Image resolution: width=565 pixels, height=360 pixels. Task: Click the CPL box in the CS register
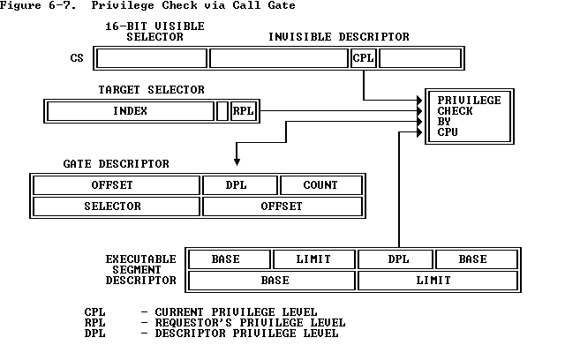point(363,58)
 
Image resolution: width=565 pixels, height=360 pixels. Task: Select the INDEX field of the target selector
point(130,111)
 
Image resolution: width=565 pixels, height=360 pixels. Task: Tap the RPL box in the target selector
point(242,111)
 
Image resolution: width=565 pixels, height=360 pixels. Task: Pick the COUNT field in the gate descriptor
point(320,185)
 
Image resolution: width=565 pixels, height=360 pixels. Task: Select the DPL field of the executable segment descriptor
point(395,259)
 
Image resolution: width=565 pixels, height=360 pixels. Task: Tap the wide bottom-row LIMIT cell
point(433,281)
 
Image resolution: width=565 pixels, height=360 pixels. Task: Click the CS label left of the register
point(77,58)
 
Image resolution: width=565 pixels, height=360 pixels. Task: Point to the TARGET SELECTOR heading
point(151,90)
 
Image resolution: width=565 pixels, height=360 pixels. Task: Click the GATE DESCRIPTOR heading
point(116,164)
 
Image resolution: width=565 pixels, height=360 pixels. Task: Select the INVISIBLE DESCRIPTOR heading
point(339,37)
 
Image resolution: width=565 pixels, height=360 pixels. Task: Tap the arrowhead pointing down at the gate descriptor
point(236,161)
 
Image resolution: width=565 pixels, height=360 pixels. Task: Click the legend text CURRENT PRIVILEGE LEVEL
point(235,312)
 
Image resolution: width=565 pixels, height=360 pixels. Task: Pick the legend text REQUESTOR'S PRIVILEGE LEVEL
point(249,323)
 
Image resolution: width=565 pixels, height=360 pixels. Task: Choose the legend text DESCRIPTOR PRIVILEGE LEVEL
point(245,334)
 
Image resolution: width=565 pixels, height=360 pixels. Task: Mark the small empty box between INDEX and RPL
point(222,111)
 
